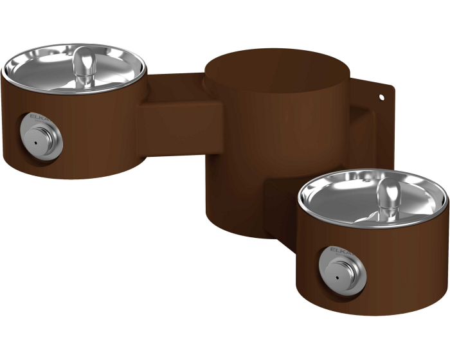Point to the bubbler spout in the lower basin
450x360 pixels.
point(388,196)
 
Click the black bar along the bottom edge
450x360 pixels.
point(225,338)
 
